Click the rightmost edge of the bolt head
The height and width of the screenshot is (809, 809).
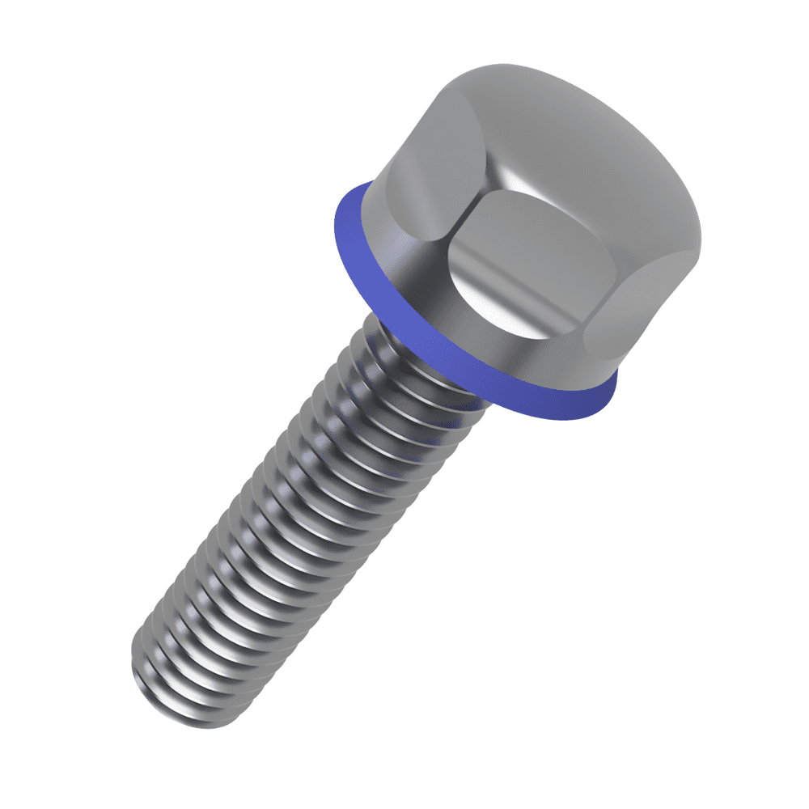(700, 235)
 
